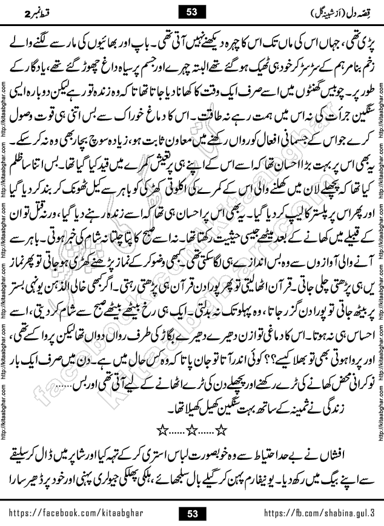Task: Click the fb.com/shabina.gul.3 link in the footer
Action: coord(318,514)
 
